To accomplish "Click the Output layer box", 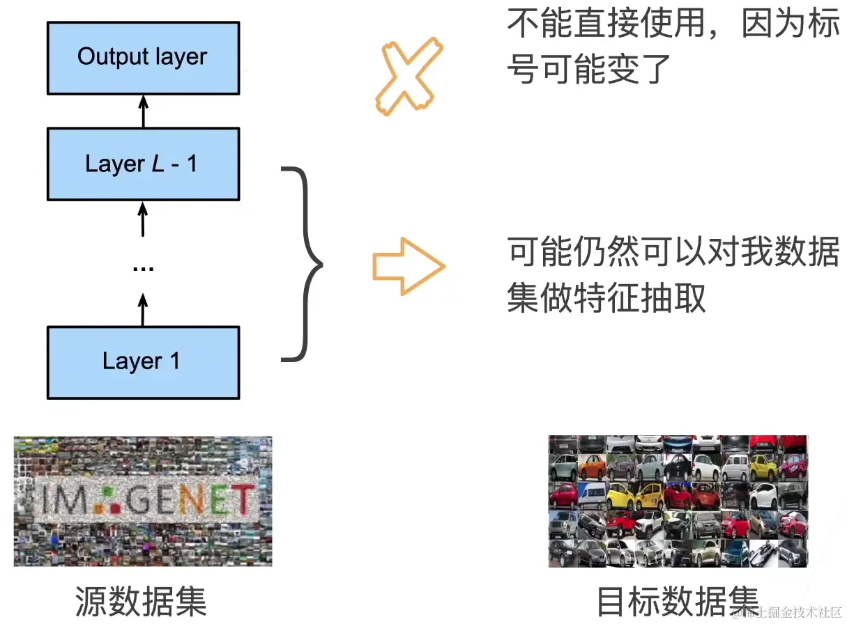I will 143,57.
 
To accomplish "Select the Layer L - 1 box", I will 143,164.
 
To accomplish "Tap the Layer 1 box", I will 143,361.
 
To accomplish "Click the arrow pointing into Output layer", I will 144,111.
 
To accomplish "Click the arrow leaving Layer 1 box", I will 143,310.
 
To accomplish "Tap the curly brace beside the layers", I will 303,264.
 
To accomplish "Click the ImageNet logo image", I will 143,501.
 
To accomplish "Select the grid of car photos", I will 678,501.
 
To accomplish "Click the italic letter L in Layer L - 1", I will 158,164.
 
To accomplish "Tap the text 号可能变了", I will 589,70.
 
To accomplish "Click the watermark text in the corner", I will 792,613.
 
